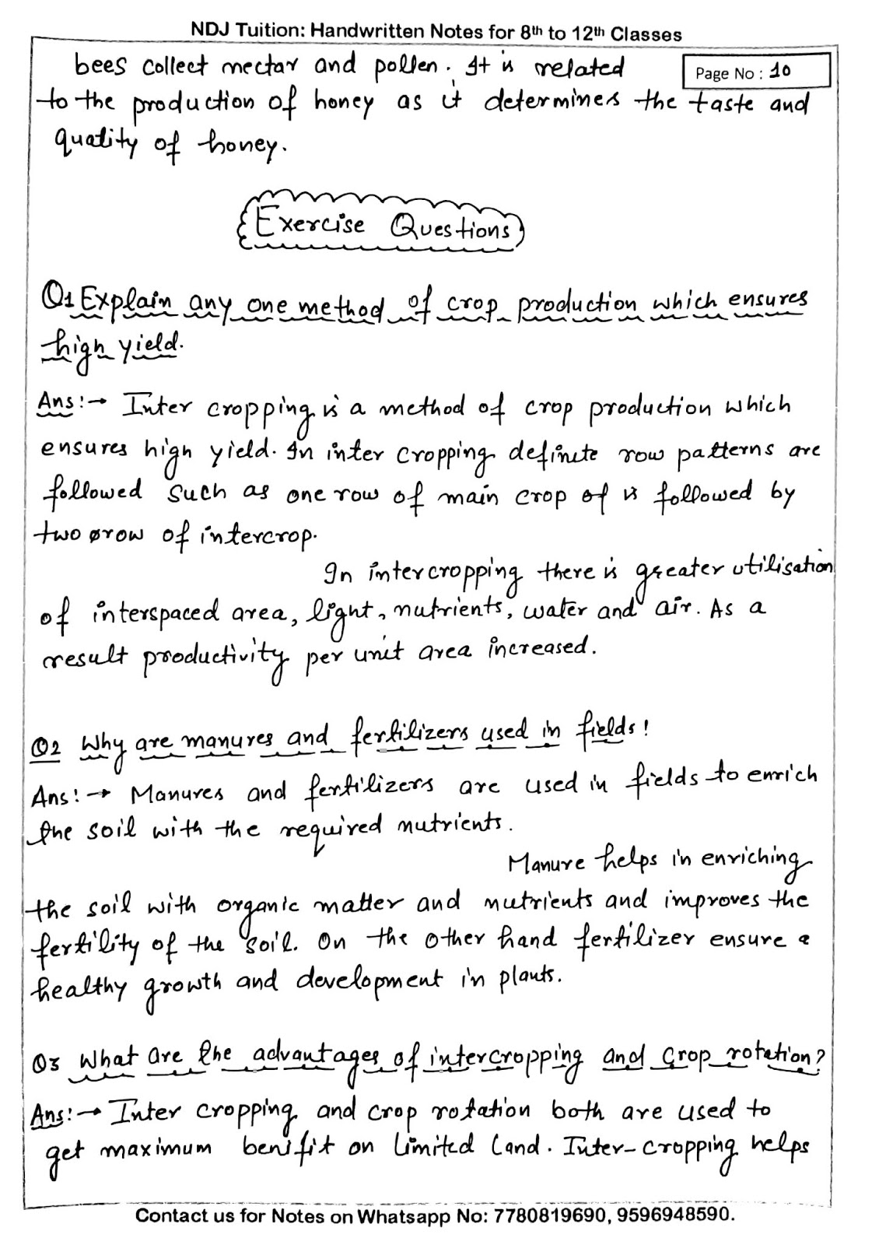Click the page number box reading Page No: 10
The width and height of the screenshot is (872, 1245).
[x=755, y=72]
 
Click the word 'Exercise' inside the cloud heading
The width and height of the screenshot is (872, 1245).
[x=310, y=225]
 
